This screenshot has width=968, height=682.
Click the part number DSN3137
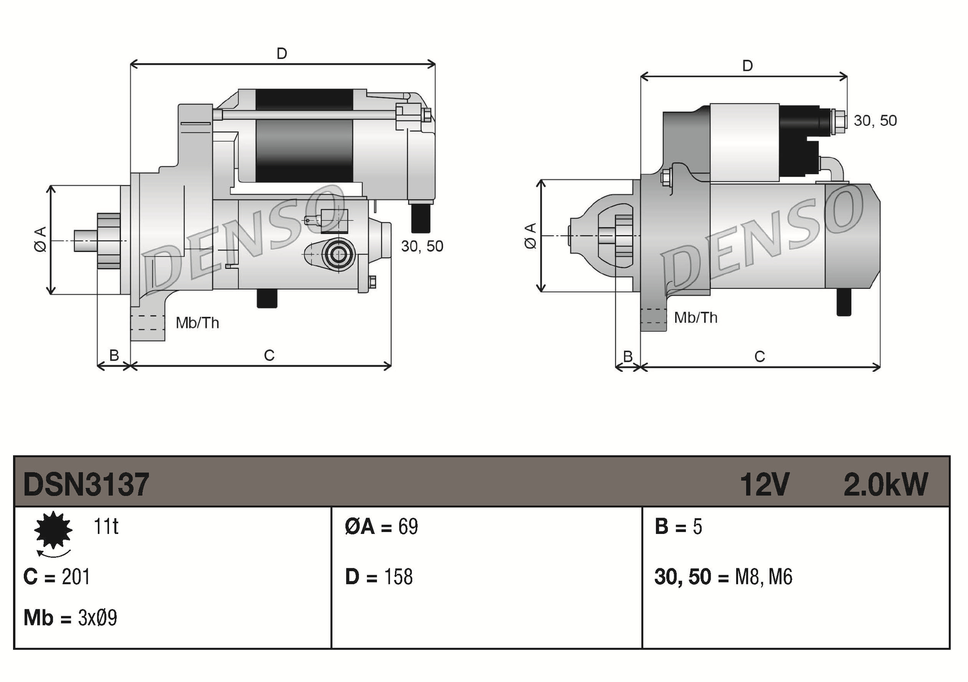click(86, 484)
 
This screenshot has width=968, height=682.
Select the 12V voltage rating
click(764, 484)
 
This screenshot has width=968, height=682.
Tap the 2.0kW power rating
click(885, 484)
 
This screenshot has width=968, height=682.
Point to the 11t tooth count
click(106, 526)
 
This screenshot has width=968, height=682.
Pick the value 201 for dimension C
click(76, 577)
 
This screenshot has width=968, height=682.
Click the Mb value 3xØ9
click(97, 618)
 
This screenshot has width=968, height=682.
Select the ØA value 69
click(408, 526)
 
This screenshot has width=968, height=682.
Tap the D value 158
click(398, 577)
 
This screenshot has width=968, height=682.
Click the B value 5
click(697, 526)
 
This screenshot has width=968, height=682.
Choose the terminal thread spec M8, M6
click(763, 577)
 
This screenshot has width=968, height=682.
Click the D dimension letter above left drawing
click(282, 53)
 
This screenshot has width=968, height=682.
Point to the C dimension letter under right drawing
click(759, 357)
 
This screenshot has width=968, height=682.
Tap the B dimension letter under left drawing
click(114, 356)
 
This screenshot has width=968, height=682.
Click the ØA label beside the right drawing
click(530, 236)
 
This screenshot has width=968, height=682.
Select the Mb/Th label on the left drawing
click(197, 323)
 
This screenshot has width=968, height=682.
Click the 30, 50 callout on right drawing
click(875, 120)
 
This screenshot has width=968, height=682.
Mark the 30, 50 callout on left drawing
click(422, 246)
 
